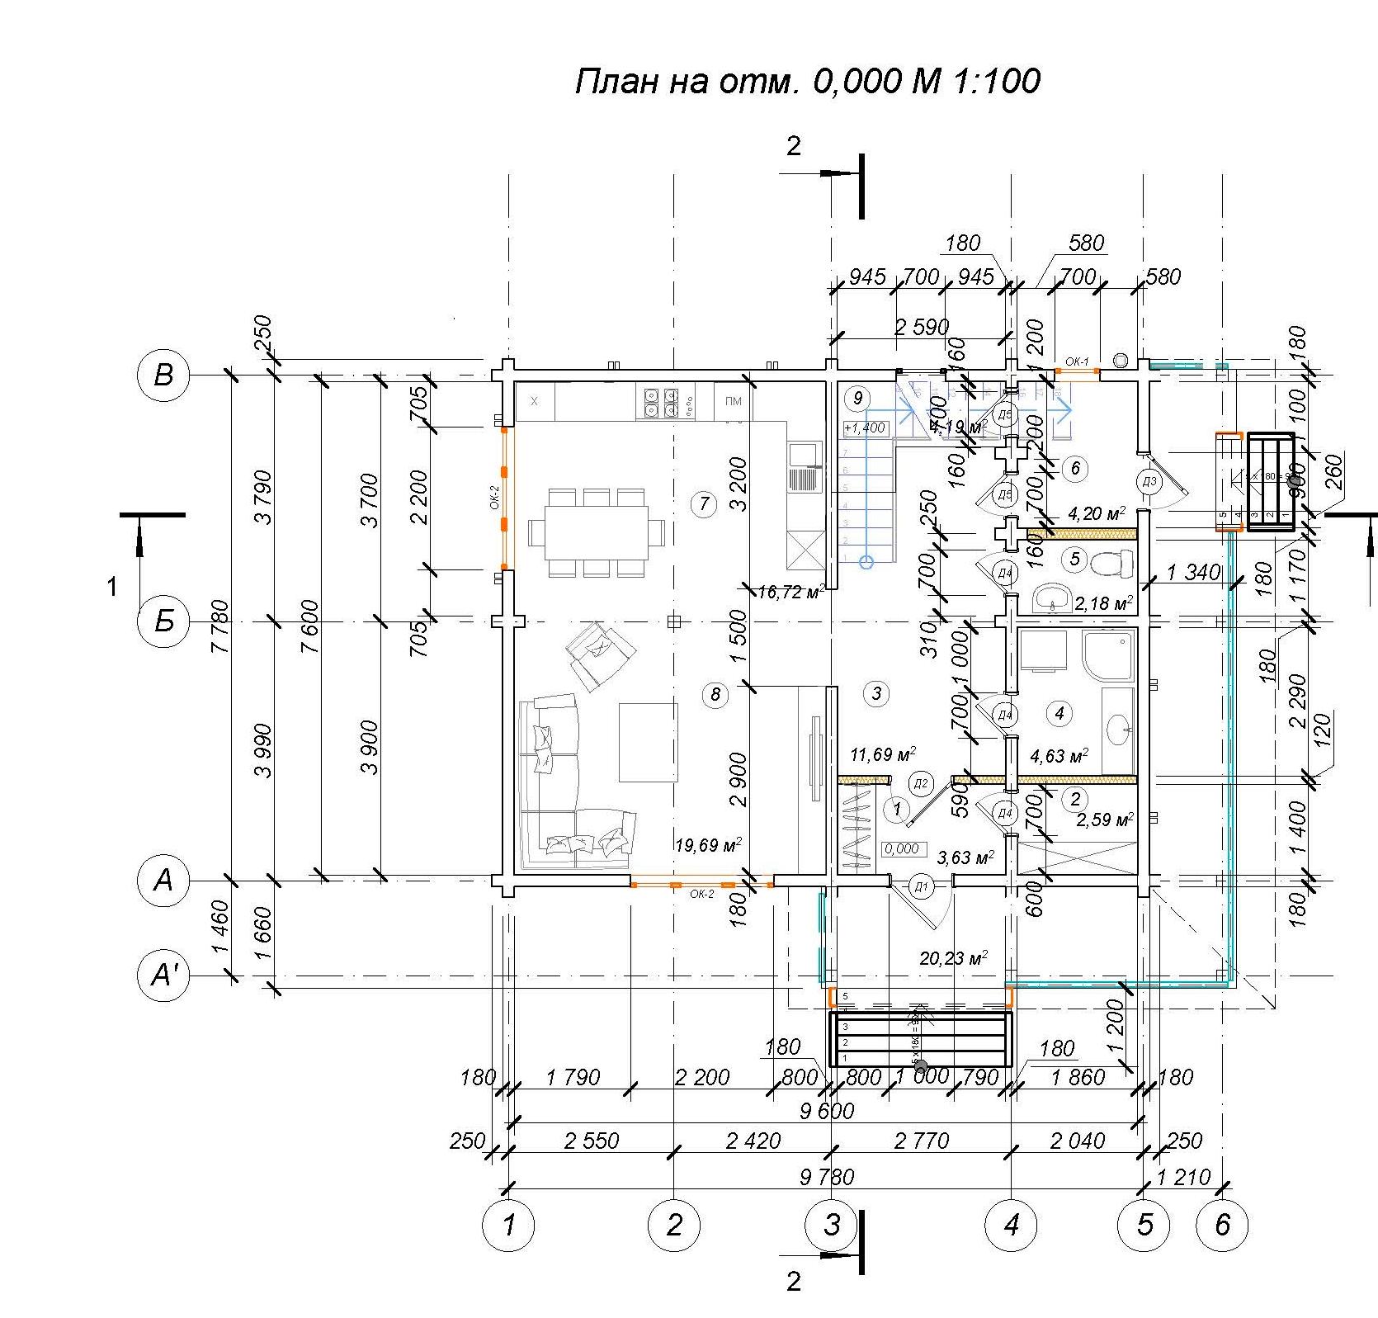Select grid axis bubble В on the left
[163, 376]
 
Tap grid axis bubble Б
[163, 621]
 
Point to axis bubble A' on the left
[163, 976]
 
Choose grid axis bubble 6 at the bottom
[1222, 1225]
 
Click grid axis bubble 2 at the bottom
[674, 1225]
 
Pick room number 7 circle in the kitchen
[703, 503]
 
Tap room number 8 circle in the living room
[715, 695]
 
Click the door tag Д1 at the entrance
[921, 888]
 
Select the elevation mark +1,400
[864, 428]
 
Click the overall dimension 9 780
[826, 1175]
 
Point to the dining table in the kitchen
[596, 532]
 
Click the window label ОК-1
[1077, 361]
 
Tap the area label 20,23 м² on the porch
[953, 958]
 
